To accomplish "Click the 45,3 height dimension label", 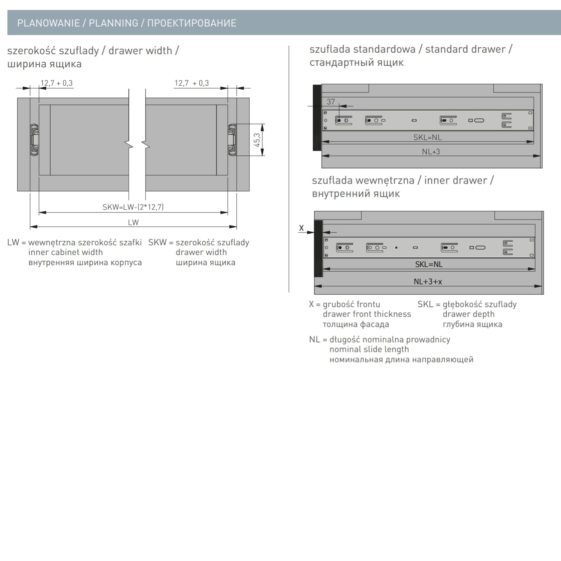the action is (257, 140).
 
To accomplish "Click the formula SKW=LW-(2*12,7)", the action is (133, 207).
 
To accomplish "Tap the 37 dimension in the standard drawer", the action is (331, 102).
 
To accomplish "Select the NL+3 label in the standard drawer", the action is (431, 151).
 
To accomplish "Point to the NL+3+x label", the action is (428, 282).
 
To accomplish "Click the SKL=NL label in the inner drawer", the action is (429, 264).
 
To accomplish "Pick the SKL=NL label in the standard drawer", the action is (427, 137).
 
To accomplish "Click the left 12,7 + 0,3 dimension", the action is (56, 83).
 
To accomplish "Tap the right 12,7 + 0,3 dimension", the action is (191, 83).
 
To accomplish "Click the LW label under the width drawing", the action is (133, 223).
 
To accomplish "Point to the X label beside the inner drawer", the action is (301, 228).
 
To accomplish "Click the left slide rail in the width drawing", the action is (34, 140).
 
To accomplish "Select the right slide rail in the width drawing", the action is (232, 140).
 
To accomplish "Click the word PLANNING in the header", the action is (113, 23).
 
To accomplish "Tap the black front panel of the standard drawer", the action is (317, 118).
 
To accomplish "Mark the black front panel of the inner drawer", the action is (319, 249).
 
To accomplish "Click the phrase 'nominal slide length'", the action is (369, 349).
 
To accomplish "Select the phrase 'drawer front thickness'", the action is (367, 314).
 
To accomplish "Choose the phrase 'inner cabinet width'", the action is (65, 252).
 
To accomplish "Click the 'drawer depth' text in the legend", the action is (469, 314).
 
